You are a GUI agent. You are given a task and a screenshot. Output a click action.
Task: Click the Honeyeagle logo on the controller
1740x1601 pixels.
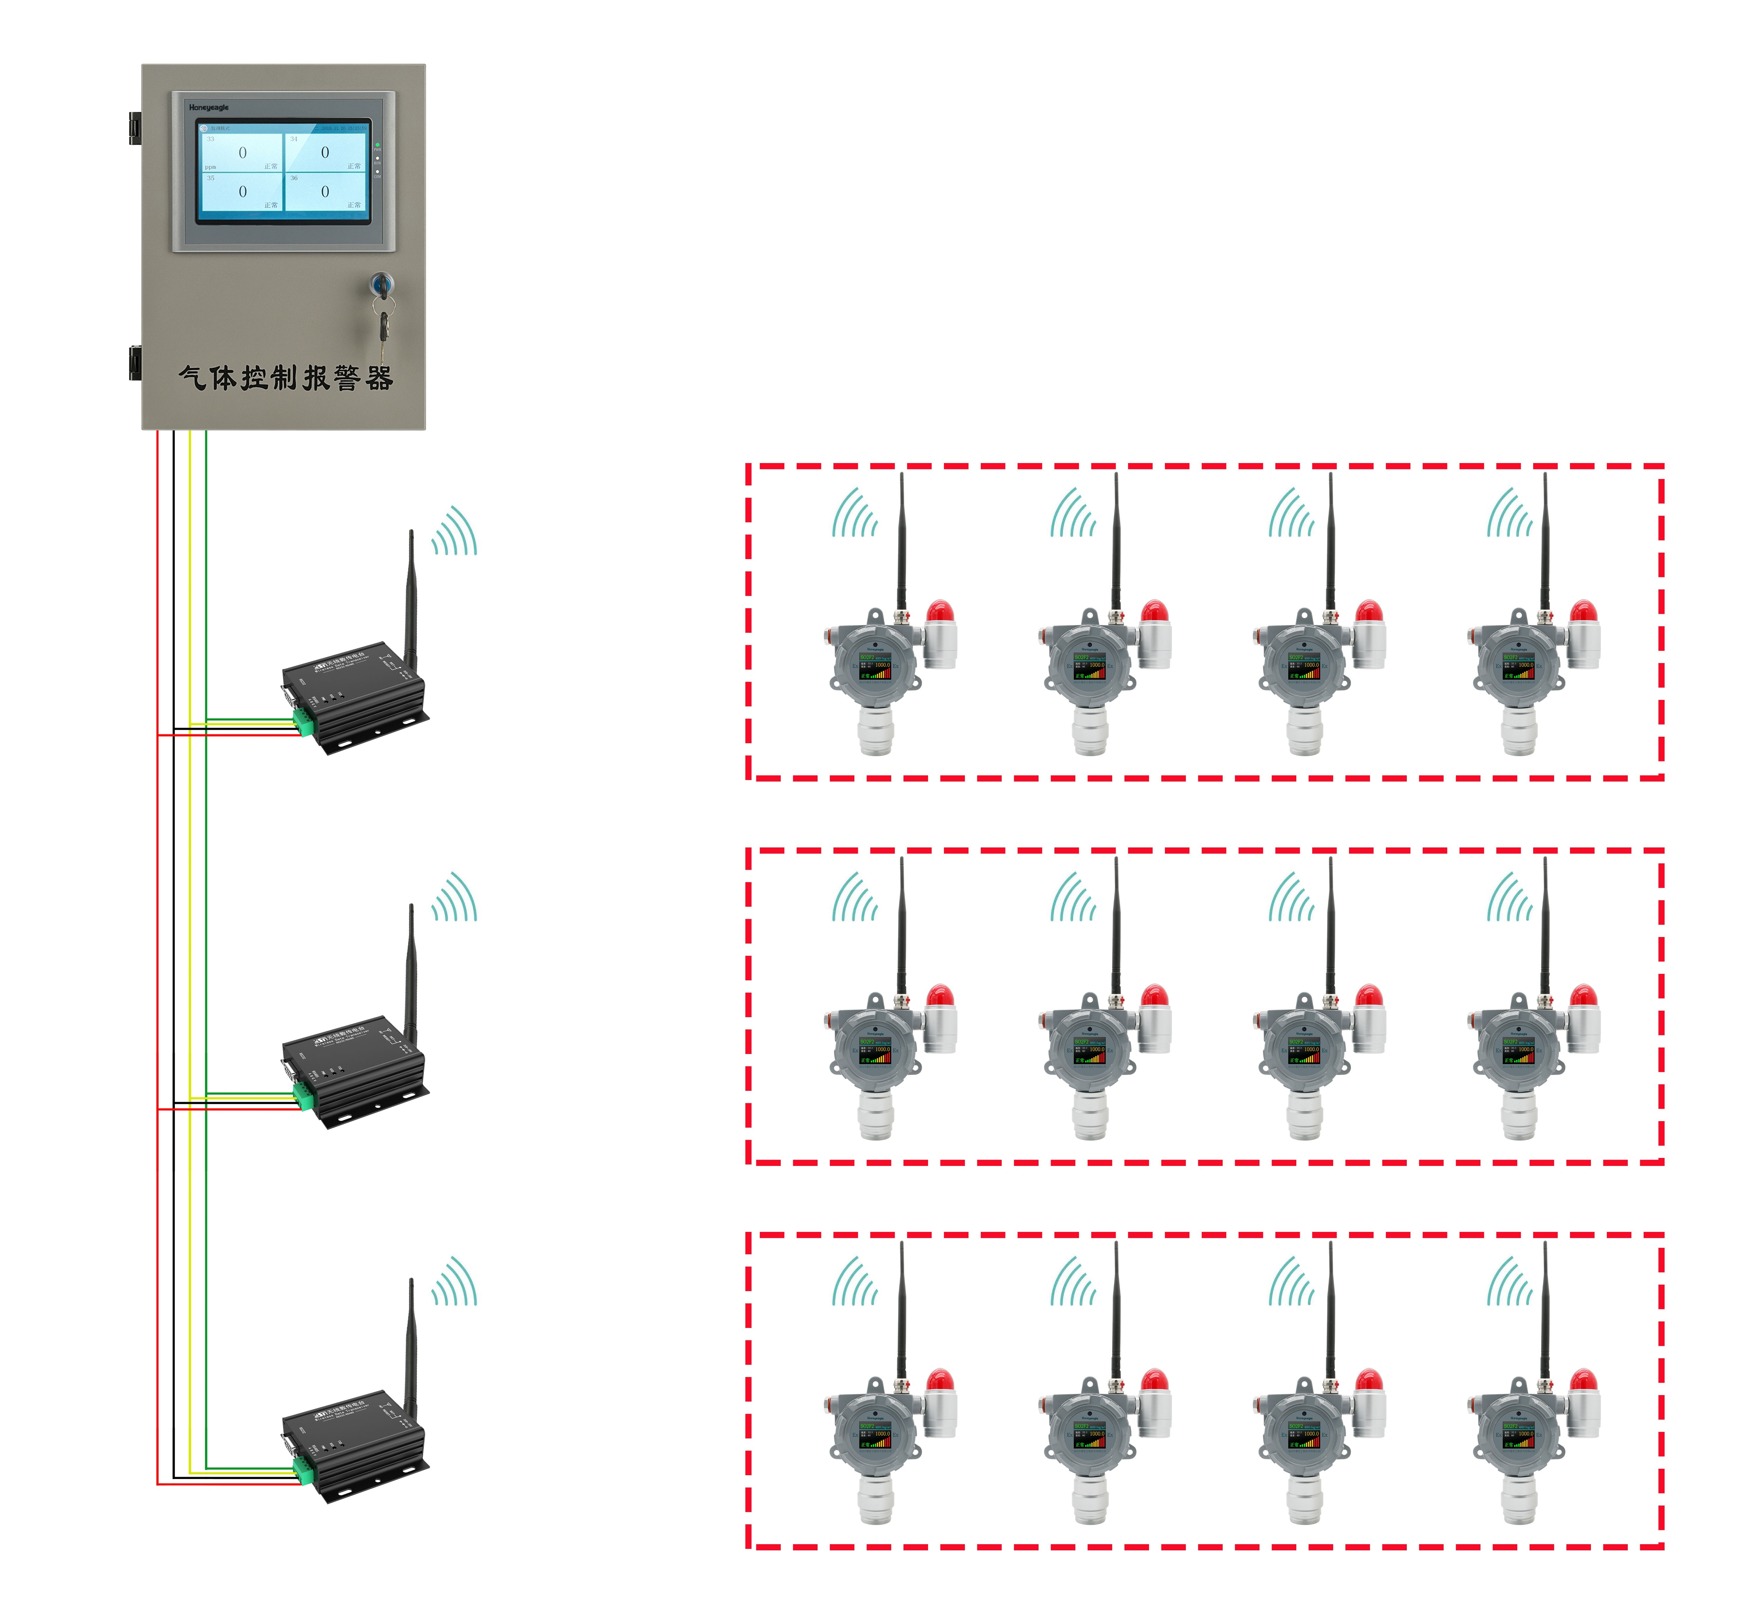(209, 108)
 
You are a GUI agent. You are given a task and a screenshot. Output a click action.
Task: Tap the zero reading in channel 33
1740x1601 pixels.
(243, 153)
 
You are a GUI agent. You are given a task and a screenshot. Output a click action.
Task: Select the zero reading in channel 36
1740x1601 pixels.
(325, 191)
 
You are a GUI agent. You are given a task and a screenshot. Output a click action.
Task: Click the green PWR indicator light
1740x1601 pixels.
(378, 145)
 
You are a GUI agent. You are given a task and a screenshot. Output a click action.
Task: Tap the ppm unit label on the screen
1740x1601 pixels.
(211, 167)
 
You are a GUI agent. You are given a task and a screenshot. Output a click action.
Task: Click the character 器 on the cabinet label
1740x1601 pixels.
(379, 378)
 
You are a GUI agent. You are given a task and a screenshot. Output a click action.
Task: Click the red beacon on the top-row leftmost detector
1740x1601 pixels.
(940, 612)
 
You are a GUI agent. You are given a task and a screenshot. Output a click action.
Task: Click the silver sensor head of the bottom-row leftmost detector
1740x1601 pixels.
(875, 1499)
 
